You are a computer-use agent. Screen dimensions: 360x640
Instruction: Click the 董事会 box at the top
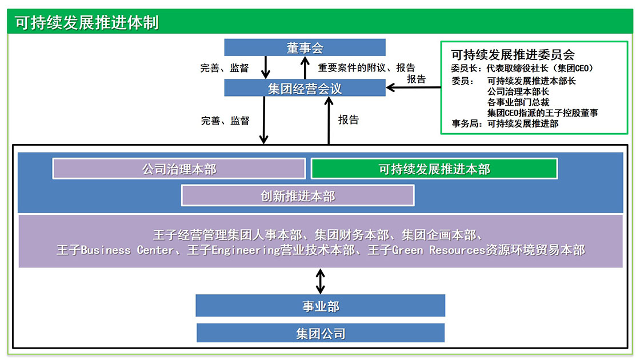coord(305,47)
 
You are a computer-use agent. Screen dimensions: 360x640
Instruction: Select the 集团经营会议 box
coord(305,88)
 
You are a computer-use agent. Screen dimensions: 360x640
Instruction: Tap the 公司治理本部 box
coord(179,169)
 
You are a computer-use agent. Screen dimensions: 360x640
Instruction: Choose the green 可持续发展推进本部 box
coord(434,169)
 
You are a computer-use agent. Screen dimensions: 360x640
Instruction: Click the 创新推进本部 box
coord(298,196)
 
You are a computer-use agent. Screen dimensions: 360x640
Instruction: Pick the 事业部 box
coord(320,306)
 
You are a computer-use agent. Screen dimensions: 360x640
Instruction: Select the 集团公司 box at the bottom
coord(320,333)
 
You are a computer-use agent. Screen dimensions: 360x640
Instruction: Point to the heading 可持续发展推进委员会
coord(513,55)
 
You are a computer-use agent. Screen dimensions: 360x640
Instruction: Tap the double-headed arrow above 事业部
coord(321,281)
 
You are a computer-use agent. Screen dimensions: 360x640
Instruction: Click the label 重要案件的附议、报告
coord(366,67)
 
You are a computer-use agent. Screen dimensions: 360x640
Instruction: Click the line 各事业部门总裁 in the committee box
coord(518,102)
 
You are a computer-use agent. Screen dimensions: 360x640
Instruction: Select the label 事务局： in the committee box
coord(463,123)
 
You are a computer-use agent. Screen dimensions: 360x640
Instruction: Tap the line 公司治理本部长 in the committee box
coord(518,91)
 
